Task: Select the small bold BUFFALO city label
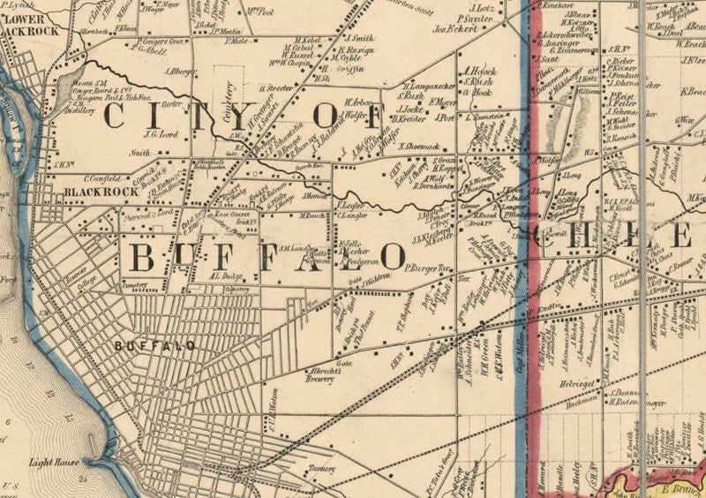[155, 346]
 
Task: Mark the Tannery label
[323, 468]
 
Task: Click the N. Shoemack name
[418, 146]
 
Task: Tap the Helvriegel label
[579, 385]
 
